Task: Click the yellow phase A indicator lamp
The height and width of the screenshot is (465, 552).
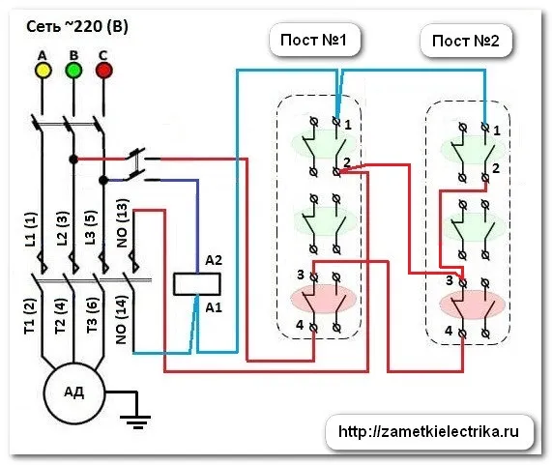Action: coord(44,71)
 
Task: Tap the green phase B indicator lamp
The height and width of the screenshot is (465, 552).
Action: coord(73,71)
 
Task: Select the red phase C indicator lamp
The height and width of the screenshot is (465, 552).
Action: coord(103,71)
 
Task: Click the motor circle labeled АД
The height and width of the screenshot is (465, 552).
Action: coord(74,392)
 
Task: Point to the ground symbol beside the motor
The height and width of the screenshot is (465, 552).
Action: coord(135,421)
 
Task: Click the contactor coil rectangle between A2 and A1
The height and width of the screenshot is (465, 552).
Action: coord(197,284)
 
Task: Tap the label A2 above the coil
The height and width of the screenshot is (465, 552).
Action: coord(214,260)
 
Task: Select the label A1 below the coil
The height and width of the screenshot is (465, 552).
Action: coord(214,307)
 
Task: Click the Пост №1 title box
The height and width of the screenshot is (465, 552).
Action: coord(314,40)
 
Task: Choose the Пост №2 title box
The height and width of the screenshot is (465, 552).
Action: coord(466,41)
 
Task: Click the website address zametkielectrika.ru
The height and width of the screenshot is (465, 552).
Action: coord(428,432)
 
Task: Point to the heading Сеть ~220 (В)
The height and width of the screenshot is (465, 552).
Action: coord(77,27)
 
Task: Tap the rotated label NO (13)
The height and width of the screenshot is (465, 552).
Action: coord(122,223)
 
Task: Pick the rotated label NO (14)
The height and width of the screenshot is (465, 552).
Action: coord(122,320)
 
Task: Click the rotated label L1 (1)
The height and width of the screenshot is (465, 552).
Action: coord(31,229)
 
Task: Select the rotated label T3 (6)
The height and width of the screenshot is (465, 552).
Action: coord(92,315)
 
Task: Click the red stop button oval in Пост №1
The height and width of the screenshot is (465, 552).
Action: coord(323,299)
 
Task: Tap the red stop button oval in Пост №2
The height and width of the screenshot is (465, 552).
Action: coord(473,304)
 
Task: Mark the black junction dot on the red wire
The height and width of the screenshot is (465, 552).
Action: coord(73,160)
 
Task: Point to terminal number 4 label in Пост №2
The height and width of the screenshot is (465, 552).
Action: coord(449,331)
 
